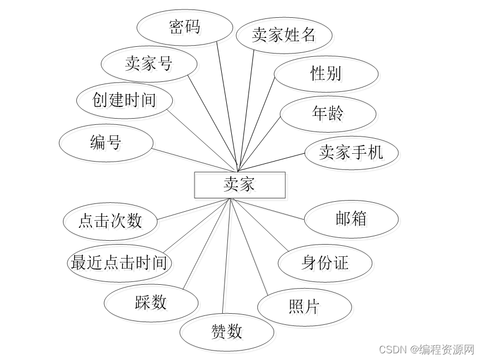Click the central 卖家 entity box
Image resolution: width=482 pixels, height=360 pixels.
(x=240, y=185)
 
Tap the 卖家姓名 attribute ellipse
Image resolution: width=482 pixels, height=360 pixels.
(x=284, y=35)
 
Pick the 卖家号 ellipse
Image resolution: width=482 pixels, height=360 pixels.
(x=149, y=64)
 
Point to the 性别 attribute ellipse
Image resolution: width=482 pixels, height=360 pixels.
(x=326, y=73)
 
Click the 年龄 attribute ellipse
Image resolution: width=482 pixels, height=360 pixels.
(x=328, y=114)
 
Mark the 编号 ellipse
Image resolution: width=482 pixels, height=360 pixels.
(x=106, y=143)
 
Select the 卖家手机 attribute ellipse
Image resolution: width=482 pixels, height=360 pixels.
(x=351, y=152)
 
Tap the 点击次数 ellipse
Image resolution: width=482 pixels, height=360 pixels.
(x=110, y=220)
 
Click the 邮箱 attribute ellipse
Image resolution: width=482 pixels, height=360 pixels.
(x=351, y=219)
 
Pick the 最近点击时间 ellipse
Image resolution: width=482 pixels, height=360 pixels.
(x=119, y=262)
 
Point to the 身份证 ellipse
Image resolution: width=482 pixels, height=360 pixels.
(x=325, y=262)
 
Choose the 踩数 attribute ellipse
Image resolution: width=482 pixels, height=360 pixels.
(x=151, y=303)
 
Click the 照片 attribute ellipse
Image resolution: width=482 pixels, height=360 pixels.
(x=304, y=306)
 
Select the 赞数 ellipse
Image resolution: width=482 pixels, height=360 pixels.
(x=227, y=332)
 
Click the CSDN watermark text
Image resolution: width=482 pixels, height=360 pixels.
(x=426, y=349)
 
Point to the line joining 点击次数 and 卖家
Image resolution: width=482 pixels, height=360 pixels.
(x=192, y=208)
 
